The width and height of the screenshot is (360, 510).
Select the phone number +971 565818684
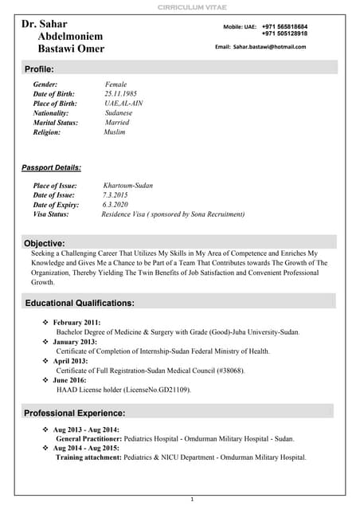pos(284,26)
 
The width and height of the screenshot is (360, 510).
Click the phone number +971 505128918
pos(284,33)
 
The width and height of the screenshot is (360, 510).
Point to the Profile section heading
pos(38,69)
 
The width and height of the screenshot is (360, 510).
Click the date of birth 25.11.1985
pos(121,94)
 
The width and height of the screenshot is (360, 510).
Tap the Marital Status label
pos(56,123)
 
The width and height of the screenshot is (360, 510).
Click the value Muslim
pos(115,132)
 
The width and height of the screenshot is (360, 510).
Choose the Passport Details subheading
pos(51,167)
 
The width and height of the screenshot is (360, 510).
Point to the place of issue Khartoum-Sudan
pos(127,186)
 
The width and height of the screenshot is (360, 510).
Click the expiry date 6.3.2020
pos(116,205)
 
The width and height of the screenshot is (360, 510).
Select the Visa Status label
pos(51,214)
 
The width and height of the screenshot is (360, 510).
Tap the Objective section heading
pos(44,243)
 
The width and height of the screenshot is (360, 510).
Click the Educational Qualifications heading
pos(80,304)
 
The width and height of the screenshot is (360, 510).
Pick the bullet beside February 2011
pos(45,322)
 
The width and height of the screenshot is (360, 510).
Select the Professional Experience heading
pos(74,413)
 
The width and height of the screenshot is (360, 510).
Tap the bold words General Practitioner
pos(88,438)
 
